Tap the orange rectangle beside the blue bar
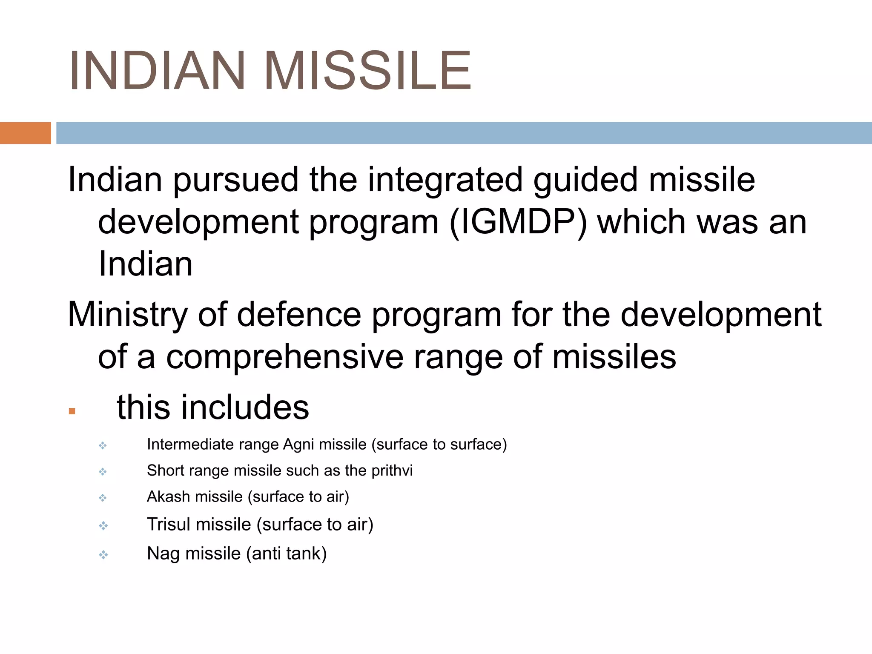pyautogui.click(x=25, y=133)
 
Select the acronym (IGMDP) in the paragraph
pyautogui.click(x=518, y=222)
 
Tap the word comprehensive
pyautogui.click(x=284, y=357)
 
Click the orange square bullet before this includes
pyautogui.click(x=72, y=411)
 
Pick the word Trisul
pyautogui.click(x=169, y=525)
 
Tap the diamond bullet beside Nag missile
pyautogui.click(x=103, y=555)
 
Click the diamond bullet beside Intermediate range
pyautogui.click(x=103, y=446)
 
